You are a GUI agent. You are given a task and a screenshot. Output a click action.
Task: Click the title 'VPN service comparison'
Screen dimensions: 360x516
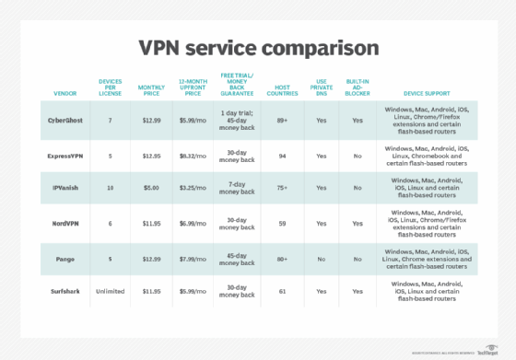(257, 47)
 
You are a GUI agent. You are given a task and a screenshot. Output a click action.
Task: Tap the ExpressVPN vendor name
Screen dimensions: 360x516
(66, 155)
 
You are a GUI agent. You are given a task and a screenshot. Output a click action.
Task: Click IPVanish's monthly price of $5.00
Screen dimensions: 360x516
(151, 188)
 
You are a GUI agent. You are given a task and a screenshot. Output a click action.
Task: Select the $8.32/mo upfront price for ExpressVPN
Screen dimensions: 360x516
(192, 155)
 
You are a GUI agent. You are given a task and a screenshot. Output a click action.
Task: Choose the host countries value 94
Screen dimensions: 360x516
(282, 155)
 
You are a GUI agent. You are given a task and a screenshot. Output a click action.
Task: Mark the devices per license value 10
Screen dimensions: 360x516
(110, 188)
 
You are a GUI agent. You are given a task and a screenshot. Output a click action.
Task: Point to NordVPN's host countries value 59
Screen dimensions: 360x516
(282, 222)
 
